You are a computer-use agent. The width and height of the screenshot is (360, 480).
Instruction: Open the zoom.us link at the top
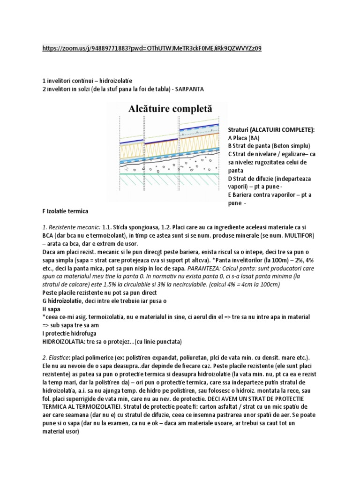coord(152,48)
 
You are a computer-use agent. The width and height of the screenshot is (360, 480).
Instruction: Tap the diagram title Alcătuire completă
coord(170,109)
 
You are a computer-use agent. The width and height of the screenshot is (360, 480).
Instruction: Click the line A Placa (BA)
coord(243,138)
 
